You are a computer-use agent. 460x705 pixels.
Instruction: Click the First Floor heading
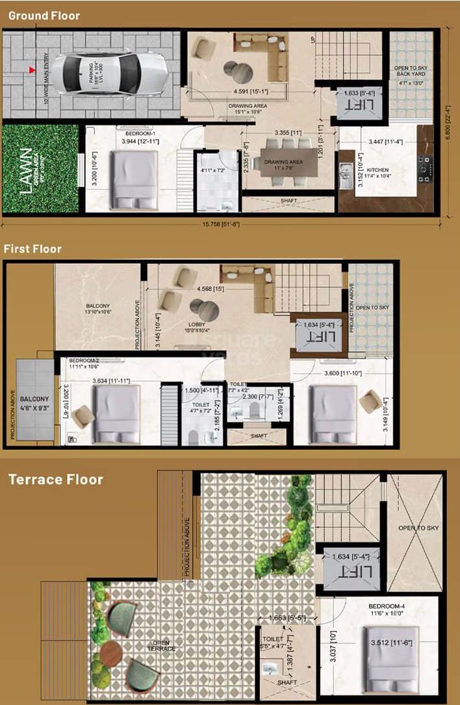click(x=32, y=248)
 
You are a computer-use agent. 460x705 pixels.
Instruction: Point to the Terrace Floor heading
click(x=55, y=480)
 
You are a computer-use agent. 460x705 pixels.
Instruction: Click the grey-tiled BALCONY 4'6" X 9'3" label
click(x=34, y=403)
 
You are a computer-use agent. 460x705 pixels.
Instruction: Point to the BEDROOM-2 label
click(x=83, y=360)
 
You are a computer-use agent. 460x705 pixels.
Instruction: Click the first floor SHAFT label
click(x=259, y=436)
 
